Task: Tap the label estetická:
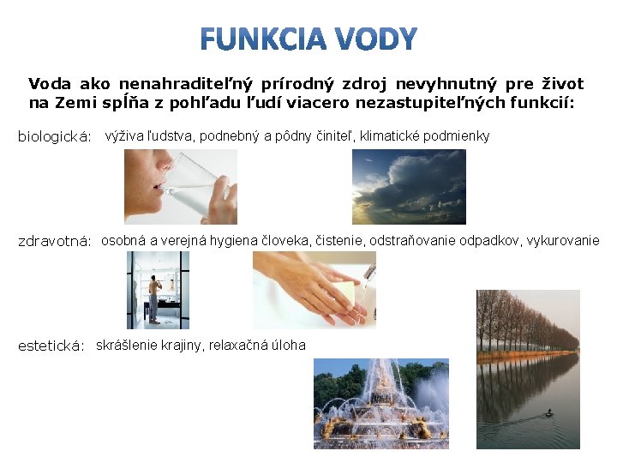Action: click(51, 346)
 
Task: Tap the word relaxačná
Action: click(243, 346)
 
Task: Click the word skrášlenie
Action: click(125, 346)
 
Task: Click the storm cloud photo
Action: click(409, 186)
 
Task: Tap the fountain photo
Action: click(380, 403)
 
